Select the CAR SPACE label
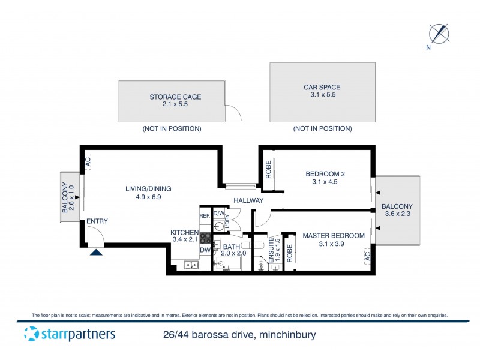click(x=322, y=88)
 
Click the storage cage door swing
click(x=232, y=113)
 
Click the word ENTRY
click(x=97, y=221)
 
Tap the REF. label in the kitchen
click(x=205, y=215)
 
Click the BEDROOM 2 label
click(x=325, y=175)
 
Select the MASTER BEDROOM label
click(x=333, y=236)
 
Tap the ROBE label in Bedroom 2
click(x=269, y=170)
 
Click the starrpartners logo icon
click(x=31, y=334)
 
